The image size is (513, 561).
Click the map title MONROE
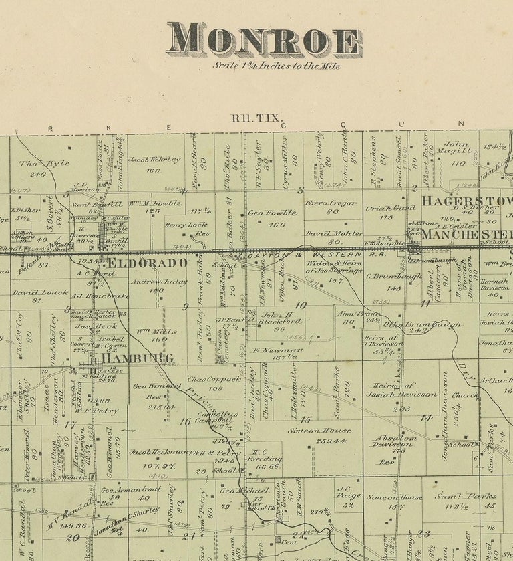tap(265, 40)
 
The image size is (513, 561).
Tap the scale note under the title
tap(277, 66)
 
